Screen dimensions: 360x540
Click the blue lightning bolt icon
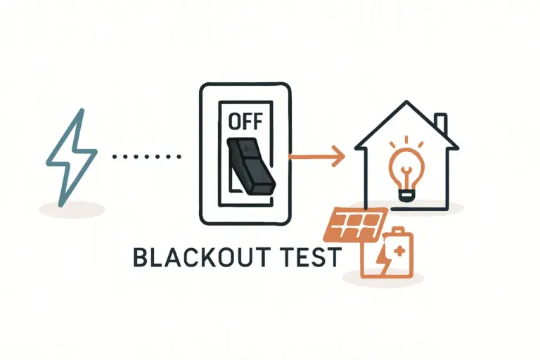pyautogui.click(x=70, y=157)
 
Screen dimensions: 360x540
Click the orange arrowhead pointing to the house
pyautogui.click(x=338, y=156)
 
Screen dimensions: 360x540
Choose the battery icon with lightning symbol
pyautogui.click(x=387, y=253)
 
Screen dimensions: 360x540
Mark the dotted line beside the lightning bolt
pyautogui.click(x=148, y=157)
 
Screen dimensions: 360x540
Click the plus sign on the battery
pyautogui.click(x=399, y=248)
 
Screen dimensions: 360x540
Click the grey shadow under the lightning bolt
pyautogui.click(x=71, y=208)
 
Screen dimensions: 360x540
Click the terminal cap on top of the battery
pyautogui.click(x=399, y=230)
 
